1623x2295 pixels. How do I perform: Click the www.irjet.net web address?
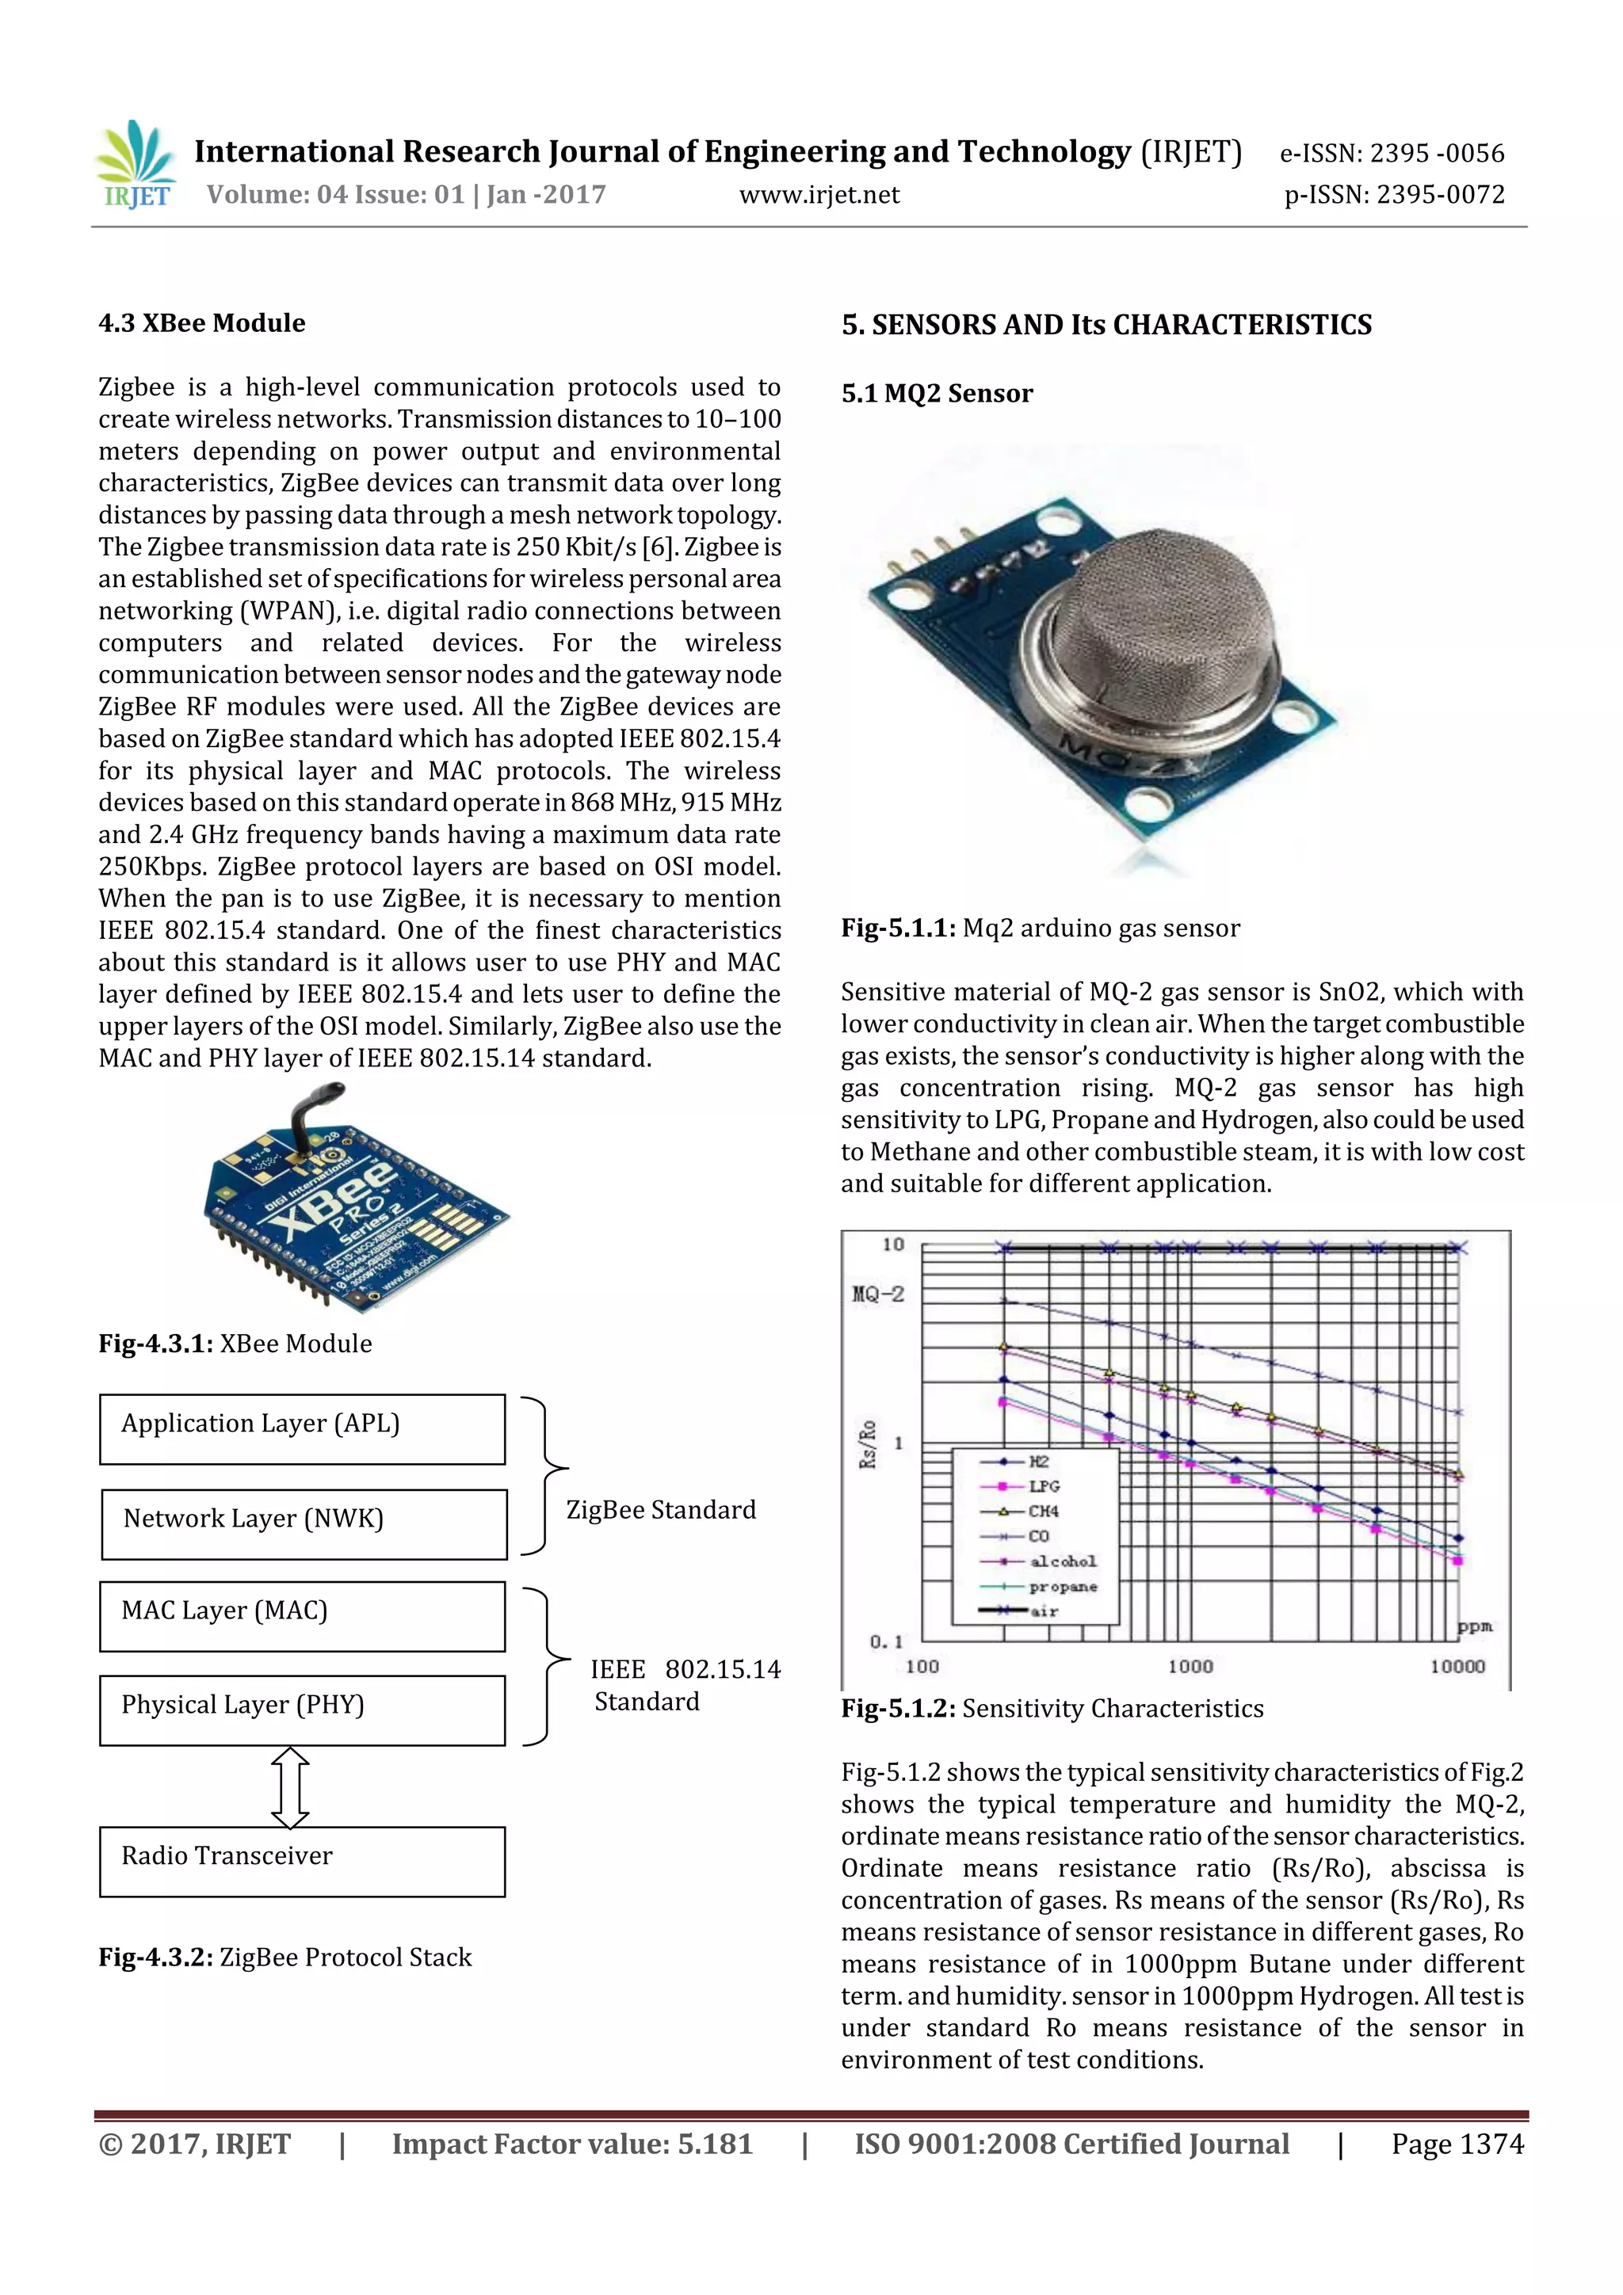[x=819, y=195]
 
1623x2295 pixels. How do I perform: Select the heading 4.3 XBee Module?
[x=201, y=323]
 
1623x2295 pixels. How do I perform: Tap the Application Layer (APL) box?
[x=302, y=1428]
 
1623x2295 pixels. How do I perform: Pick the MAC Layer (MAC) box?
[x=302, y=1615]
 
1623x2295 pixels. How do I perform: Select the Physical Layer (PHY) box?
[x=302, y=1710]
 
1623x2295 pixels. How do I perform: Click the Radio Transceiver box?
[x=302, y=1860]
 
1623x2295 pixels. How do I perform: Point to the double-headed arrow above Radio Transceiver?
[x=290, y=1786]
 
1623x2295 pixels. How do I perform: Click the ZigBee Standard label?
[x=661, y=1509]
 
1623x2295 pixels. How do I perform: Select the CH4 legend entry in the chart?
[x=1042, y=1512]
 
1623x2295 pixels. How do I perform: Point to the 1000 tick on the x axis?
[x=1190, y=1666]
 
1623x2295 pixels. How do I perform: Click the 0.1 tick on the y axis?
[x=886, y=1641]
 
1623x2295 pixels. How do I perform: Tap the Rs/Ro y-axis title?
[x=867, y=1443]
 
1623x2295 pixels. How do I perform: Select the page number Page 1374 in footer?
[x=1457, y=2144]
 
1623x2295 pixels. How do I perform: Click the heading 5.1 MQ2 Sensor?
[x=937, y=393]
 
